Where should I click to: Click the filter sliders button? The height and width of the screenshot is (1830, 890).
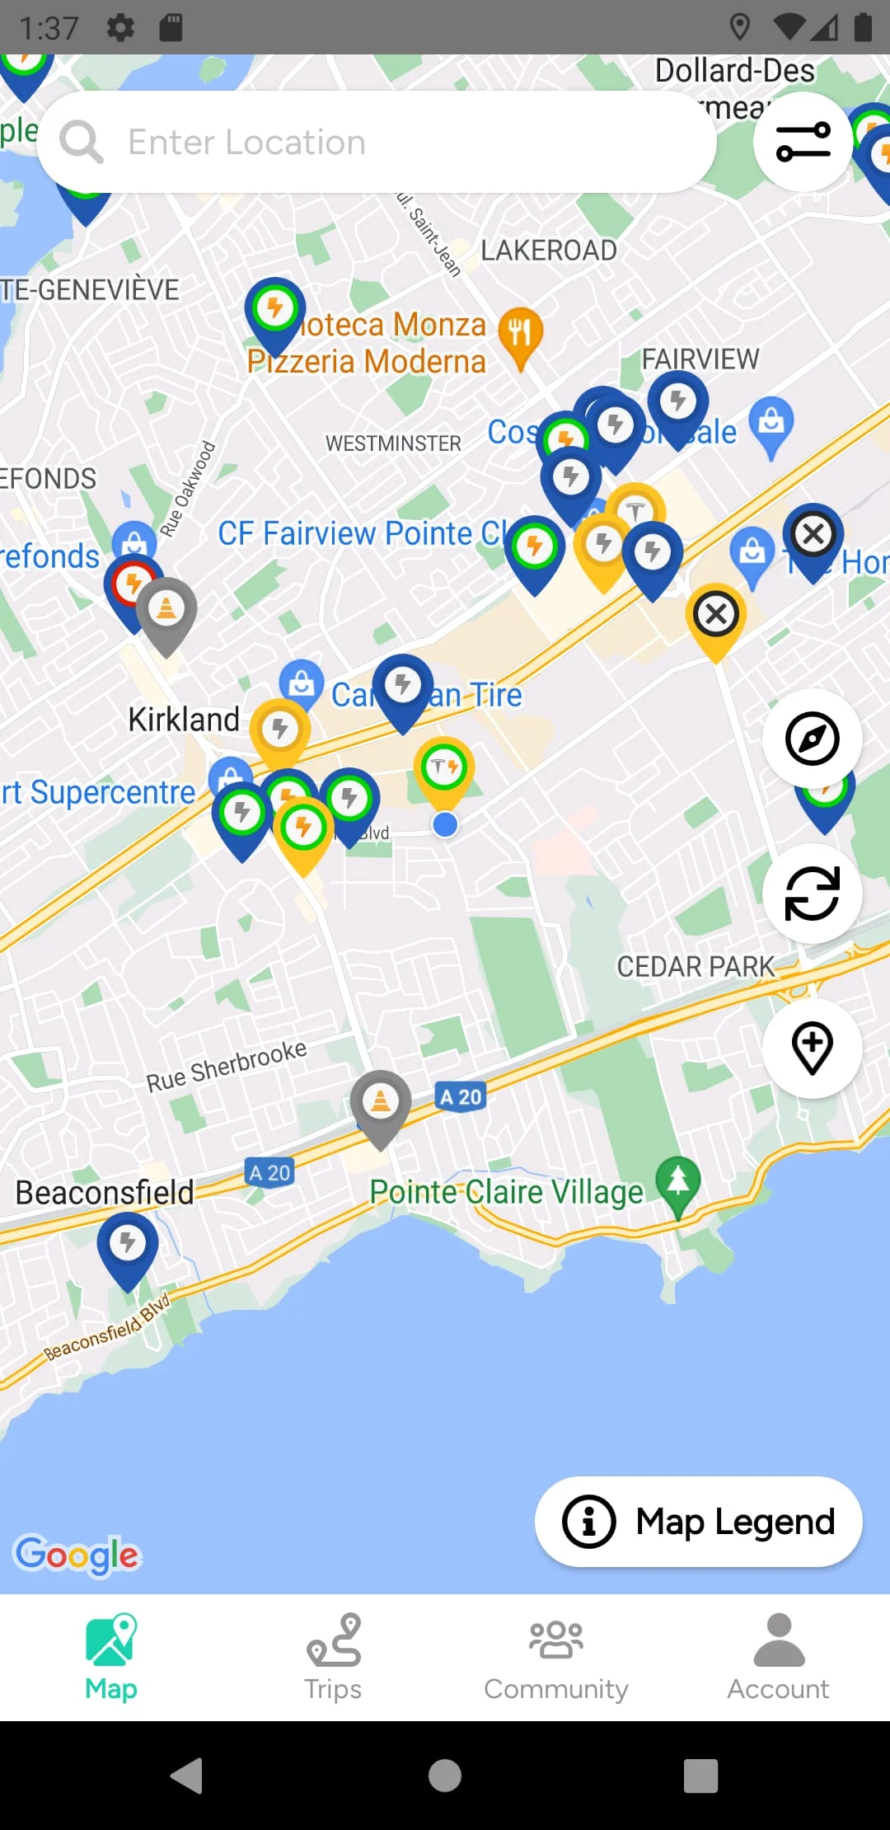(x=803, y=142)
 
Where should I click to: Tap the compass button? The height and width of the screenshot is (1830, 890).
(x=812, y=738)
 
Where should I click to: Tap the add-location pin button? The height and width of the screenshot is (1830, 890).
(x=812, y=1048)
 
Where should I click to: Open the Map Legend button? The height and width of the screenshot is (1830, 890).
(x=698, y=1522)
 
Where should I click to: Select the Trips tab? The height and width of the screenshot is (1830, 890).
(x=333, y=1657)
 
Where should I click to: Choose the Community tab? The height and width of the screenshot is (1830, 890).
(x=556, y=1657)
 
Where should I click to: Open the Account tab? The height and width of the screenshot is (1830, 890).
(x=778, y=1657)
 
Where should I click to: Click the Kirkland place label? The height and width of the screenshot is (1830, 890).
(x=184, y=719)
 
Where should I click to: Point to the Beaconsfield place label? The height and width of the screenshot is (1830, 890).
(x=105, y=1193)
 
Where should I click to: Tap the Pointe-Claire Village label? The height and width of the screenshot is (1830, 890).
(x=506, y=1192)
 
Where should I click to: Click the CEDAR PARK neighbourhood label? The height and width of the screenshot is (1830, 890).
(x=696, y=966)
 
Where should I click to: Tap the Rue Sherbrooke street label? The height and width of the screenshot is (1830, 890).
(x=227, y=1066)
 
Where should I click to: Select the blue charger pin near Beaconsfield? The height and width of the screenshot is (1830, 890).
(x=128, y=1245)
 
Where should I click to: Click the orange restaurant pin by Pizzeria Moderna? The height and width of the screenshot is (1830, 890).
(x=520, y=335)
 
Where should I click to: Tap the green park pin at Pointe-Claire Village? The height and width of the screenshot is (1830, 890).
(x=677, y=1183)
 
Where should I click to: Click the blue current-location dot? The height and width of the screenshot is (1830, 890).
(x=445, y=824)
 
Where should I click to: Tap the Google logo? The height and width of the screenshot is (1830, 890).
(x=77, y=1555)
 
